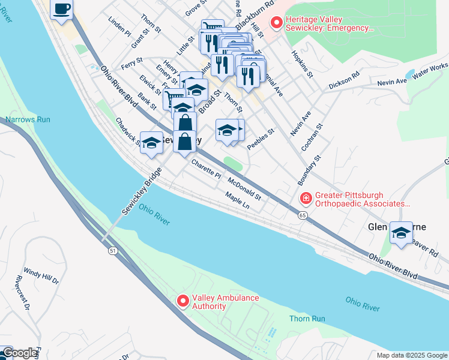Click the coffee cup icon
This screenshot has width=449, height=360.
[62, 9]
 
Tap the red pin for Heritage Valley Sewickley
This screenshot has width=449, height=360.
[276, 23]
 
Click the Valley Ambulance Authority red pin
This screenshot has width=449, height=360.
[183, 301]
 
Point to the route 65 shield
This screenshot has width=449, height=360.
[302, 214]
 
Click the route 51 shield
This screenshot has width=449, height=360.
[112, 251]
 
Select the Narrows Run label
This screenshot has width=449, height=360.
[28, 119]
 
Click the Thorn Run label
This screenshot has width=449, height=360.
[306, 319]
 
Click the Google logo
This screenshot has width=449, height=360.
[19, 353]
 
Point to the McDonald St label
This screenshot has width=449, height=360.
[244, 188]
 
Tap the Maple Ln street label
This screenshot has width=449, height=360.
[237, 201]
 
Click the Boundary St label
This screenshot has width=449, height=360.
[309, 169]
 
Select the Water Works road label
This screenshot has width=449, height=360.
[430, 70]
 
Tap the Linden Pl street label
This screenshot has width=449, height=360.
[119, 27]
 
